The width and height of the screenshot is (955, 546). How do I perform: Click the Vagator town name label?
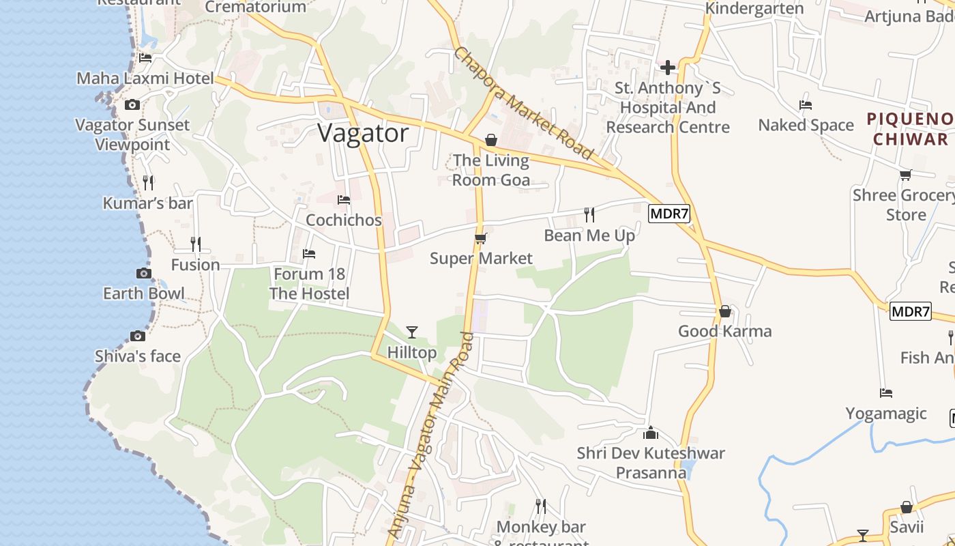363,133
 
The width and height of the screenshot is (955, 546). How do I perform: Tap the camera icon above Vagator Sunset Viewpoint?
132,105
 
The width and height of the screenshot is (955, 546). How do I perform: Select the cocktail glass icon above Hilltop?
412,332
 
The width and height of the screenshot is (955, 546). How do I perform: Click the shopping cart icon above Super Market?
481,239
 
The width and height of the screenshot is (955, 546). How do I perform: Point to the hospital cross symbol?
668,67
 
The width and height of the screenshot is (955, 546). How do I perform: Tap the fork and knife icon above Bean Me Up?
589,215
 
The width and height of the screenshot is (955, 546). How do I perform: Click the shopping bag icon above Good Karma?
725,312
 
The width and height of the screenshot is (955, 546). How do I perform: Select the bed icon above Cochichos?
344,200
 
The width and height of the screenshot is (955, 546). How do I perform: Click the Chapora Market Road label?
524,104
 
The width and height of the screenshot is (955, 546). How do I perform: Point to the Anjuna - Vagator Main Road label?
430,435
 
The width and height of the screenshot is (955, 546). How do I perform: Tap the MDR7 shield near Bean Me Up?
669,214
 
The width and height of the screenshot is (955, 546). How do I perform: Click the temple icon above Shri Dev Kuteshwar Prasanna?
651,433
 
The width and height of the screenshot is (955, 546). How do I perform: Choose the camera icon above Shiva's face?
138,336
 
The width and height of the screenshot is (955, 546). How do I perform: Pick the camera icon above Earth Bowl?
143,274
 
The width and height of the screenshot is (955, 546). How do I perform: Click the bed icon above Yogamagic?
886,393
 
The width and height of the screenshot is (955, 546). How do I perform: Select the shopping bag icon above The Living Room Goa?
491,141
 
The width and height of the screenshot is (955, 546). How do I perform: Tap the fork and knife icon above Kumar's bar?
148,183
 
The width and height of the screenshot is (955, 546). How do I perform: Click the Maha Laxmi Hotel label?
145,78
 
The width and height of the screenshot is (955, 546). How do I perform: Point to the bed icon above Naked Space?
806,105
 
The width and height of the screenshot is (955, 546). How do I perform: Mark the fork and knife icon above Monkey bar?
541,506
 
